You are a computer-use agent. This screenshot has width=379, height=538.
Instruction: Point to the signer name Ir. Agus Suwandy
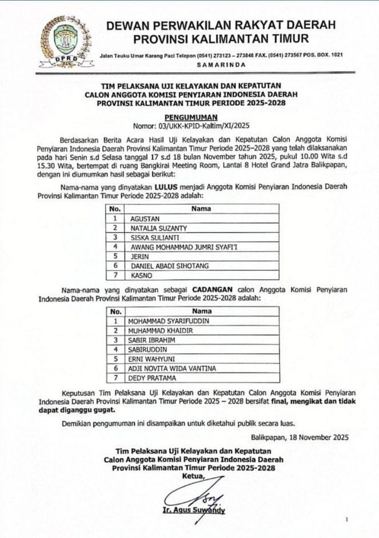click(194, 511)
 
